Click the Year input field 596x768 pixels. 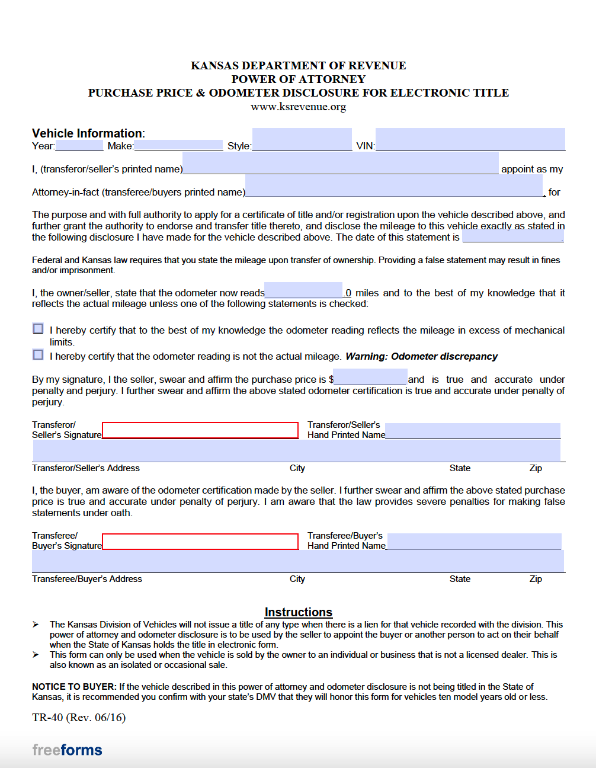(x=79, y=146)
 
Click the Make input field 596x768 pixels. (x=178, y=146)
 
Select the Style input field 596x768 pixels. (x=302, y=140)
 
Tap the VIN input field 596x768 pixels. (x=470, y=140)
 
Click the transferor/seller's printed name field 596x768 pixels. (x=340, y=163)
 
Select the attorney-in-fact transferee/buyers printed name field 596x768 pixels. (x=393, y=186)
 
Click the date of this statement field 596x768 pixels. (x=512, y=237)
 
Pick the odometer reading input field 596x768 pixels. (x=303, y=290)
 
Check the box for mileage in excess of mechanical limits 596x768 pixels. (x=39, y=328)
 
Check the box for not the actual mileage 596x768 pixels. (x=39, y=354)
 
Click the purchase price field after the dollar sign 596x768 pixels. (x=370, y=377)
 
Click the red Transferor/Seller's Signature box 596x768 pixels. (x=200, y=430)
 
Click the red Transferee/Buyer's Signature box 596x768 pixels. (x=200, y=542)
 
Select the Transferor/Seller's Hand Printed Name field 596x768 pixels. (x=472, y=431)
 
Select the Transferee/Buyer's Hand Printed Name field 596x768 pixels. (x=474, y=542)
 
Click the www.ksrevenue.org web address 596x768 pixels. (x=298, y=107)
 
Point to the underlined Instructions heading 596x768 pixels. (x=298, y=612)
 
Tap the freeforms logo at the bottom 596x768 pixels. (x=67, y=750)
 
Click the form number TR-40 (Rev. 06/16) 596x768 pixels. (x=79, y=718)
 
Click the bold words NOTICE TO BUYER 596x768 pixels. (x=74, y=687)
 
